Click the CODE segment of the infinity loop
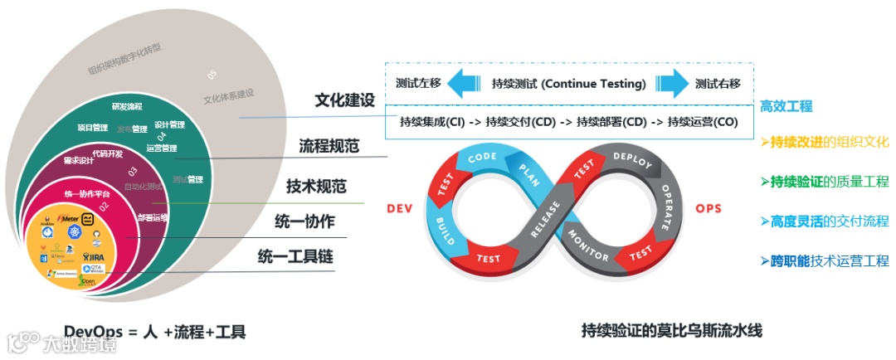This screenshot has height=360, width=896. point(482,158)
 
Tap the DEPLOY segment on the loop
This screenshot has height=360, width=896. point(635,159)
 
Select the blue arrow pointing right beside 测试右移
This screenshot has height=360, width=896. point(670,84)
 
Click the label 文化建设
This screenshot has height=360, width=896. point(344,100)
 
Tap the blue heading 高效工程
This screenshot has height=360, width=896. point(786,106)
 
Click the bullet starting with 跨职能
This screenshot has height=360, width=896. point(825,260)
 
